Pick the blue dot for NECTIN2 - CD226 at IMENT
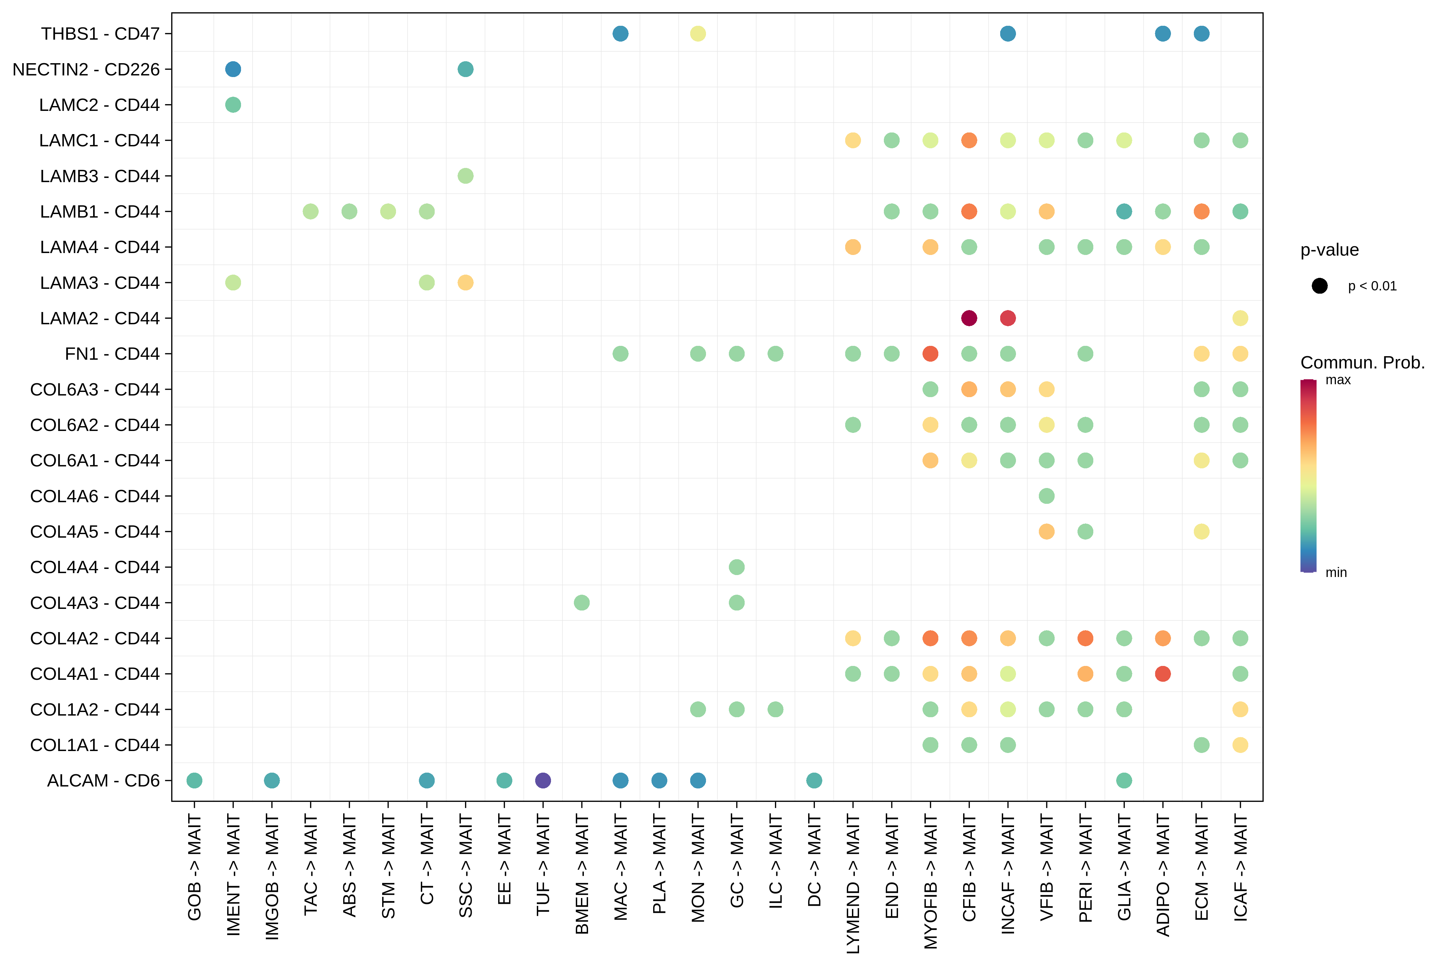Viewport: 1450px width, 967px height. (233, 69)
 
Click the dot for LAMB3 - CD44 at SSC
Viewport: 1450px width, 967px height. (466, 176)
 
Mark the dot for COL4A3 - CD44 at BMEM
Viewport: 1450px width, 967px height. (581, 602)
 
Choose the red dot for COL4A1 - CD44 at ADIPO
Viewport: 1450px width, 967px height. (1163, 673)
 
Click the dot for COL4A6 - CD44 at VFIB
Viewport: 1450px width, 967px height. (1046, 496)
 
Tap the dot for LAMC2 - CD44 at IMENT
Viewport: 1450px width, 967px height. (233, 105)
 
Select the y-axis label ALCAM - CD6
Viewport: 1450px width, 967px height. (103, 781)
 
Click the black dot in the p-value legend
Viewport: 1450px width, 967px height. (1319, 286)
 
